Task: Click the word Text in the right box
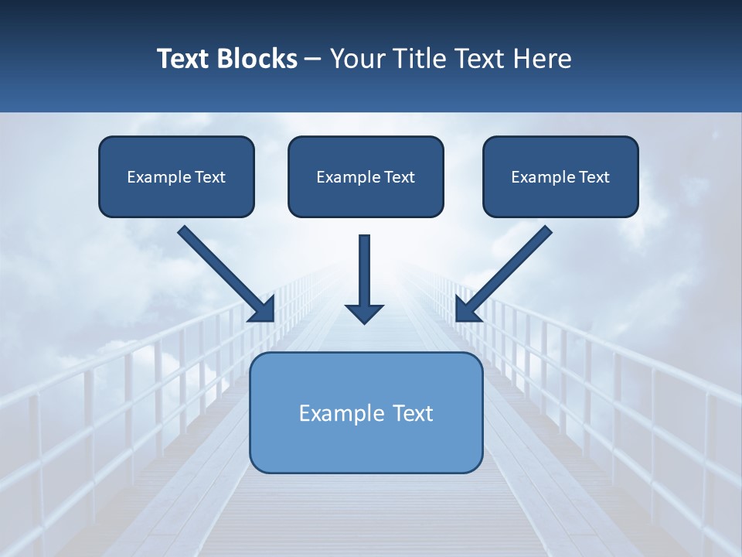(594, 177)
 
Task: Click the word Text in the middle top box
(400, 177)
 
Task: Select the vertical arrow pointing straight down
(364, 271)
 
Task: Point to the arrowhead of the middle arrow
(364, 313)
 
